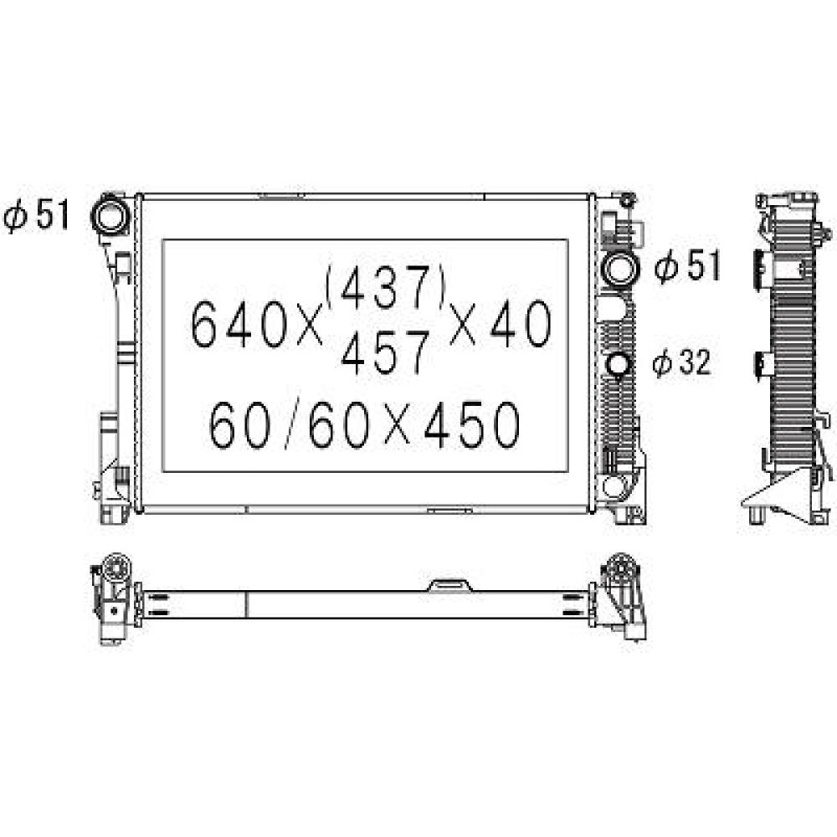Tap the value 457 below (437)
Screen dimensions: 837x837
(x=385, y=351)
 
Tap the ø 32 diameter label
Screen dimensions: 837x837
(x=682, y=362)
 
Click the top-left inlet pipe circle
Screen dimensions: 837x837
(x=110, y=214)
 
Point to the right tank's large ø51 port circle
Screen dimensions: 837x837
(x=620, y=269)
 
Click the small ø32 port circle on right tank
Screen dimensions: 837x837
(x=619, y=365)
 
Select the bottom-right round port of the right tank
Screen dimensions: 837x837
(x=618, y=486)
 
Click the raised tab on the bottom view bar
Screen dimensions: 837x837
(x=449, y=584)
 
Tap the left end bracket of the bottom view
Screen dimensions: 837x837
(x=112, y=598)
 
